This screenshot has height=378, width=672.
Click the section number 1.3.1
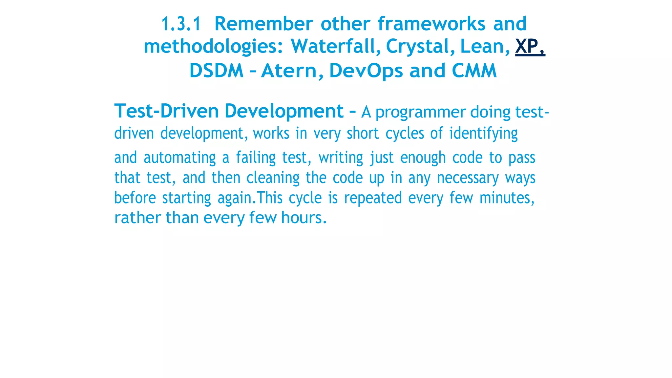pyautogui.click(x=181, y=24)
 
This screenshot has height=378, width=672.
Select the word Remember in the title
pyautogui.click(x=263, y=24)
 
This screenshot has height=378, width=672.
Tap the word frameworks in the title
pyautogui.click(x=431, y=24)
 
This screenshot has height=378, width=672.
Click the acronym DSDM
pyautogui.click(x=217, y=71)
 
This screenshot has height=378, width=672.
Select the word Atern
pyautogui.click(x=292, y=71)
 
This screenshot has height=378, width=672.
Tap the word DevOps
pyautogui.click(x=366, y=71)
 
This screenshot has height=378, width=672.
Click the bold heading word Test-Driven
pyautogui.click(x=166, y=111)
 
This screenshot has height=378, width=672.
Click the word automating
pyautogui.click(x=179, y=158)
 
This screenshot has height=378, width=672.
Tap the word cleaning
pyautogui.click(x=273, y=178)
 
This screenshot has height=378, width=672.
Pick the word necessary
pyautogui.click(x=468, y=178)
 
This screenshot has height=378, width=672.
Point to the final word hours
pyautogui.click(x=304, y=218)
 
